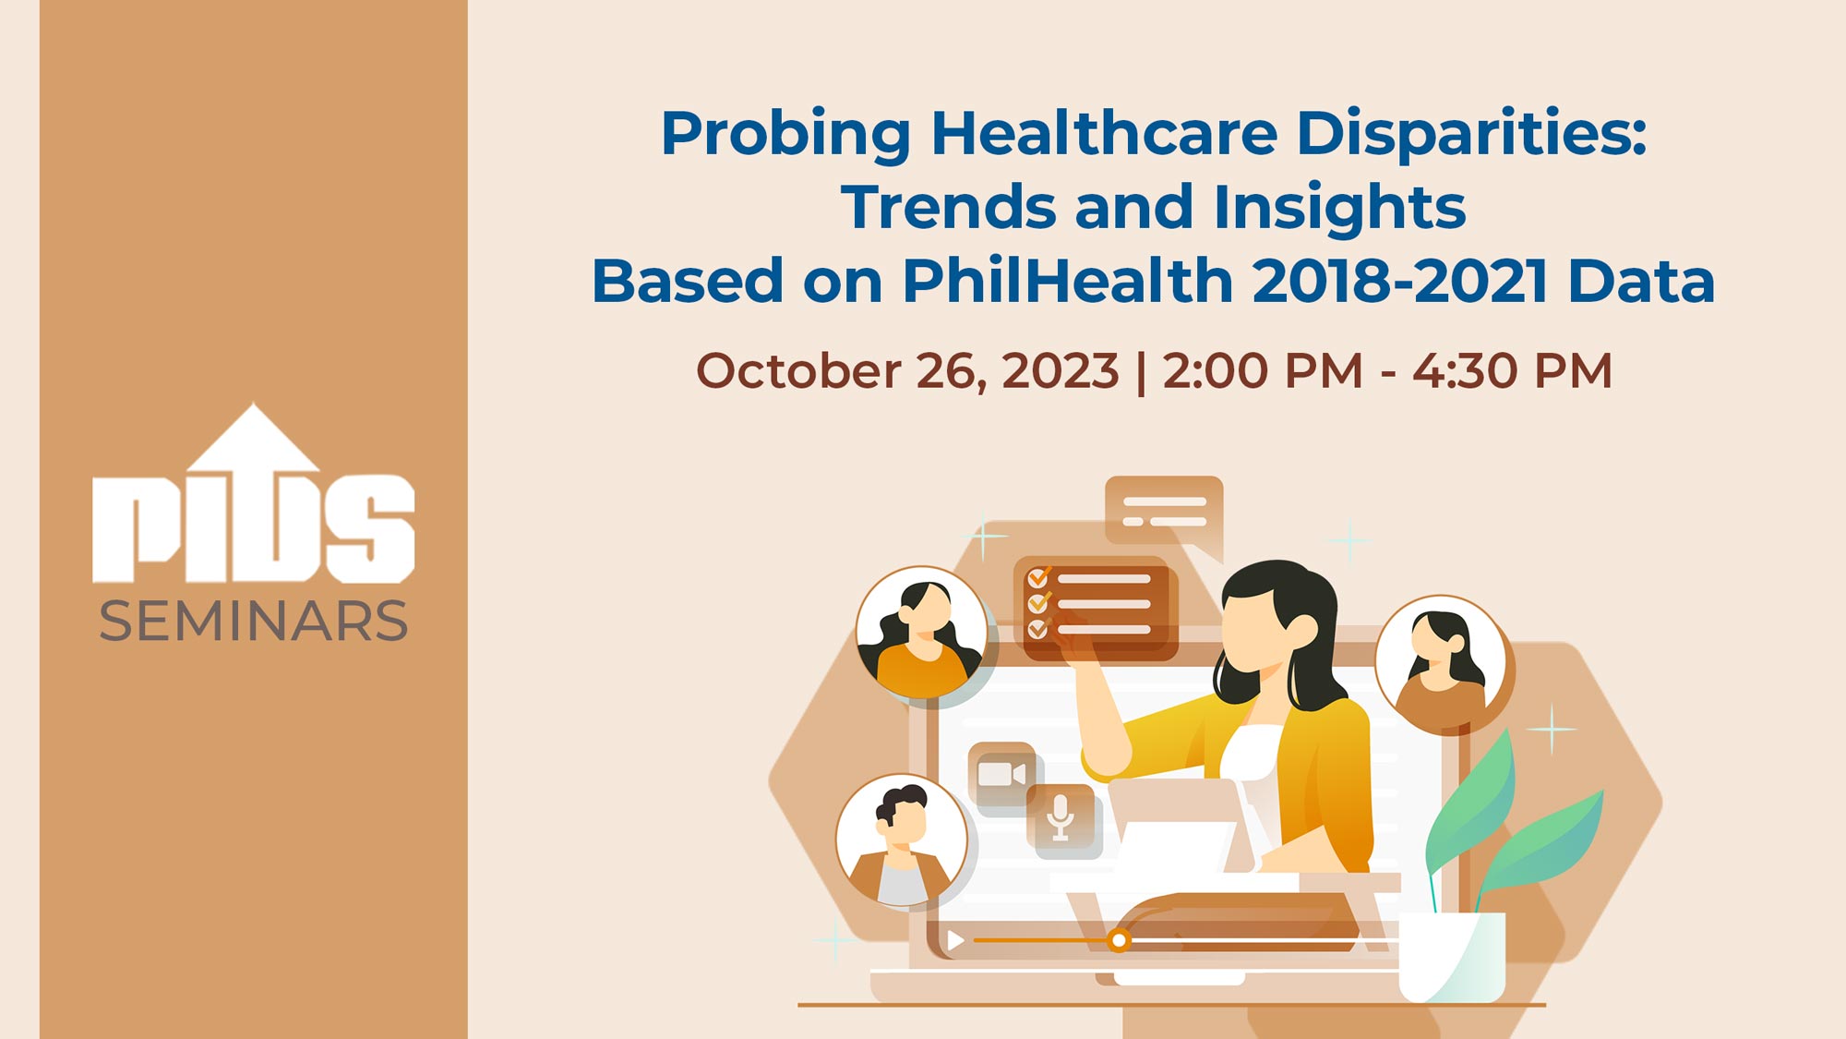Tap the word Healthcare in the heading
coord(1104,133)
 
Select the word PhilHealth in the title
coord(1067,281)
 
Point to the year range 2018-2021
coord(1399,281)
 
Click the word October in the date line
coord(798,371)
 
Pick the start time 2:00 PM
coord(1262,371)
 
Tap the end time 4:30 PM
coord(1513,371)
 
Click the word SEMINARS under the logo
coord(253,621)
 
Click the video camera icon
coord(1001,773)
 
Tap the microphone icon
coord(1061,816)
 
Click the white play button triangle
coord(955,940)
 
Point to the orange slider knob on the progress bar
coord(1119,940)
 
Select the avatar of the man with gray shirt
coord(902,841)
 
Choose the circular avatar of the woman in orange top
coord(921,632)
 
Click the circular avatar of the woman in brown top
coord(1440,661)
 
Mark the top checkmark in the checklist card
coord(1038,578)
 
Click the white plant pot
coord(1452,957)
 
